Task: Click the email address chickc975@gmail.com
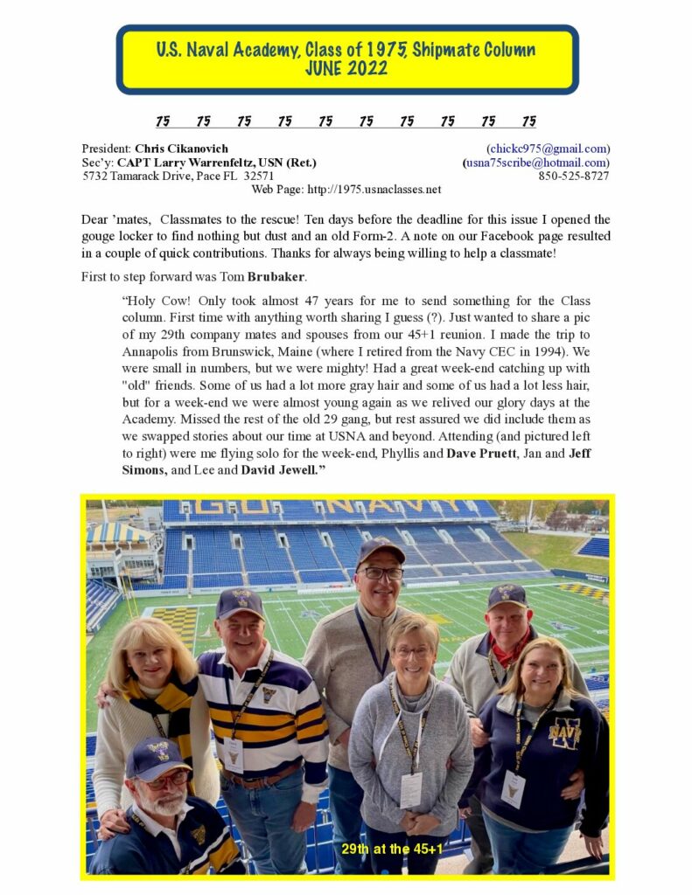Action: tap(548, 149)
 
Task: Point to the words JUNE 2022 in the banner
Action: tap(346, 69)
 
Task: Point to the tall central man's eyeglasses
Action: tap(382, 574)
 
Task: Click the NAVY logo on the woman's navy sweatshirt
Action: tap(564, 732)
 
